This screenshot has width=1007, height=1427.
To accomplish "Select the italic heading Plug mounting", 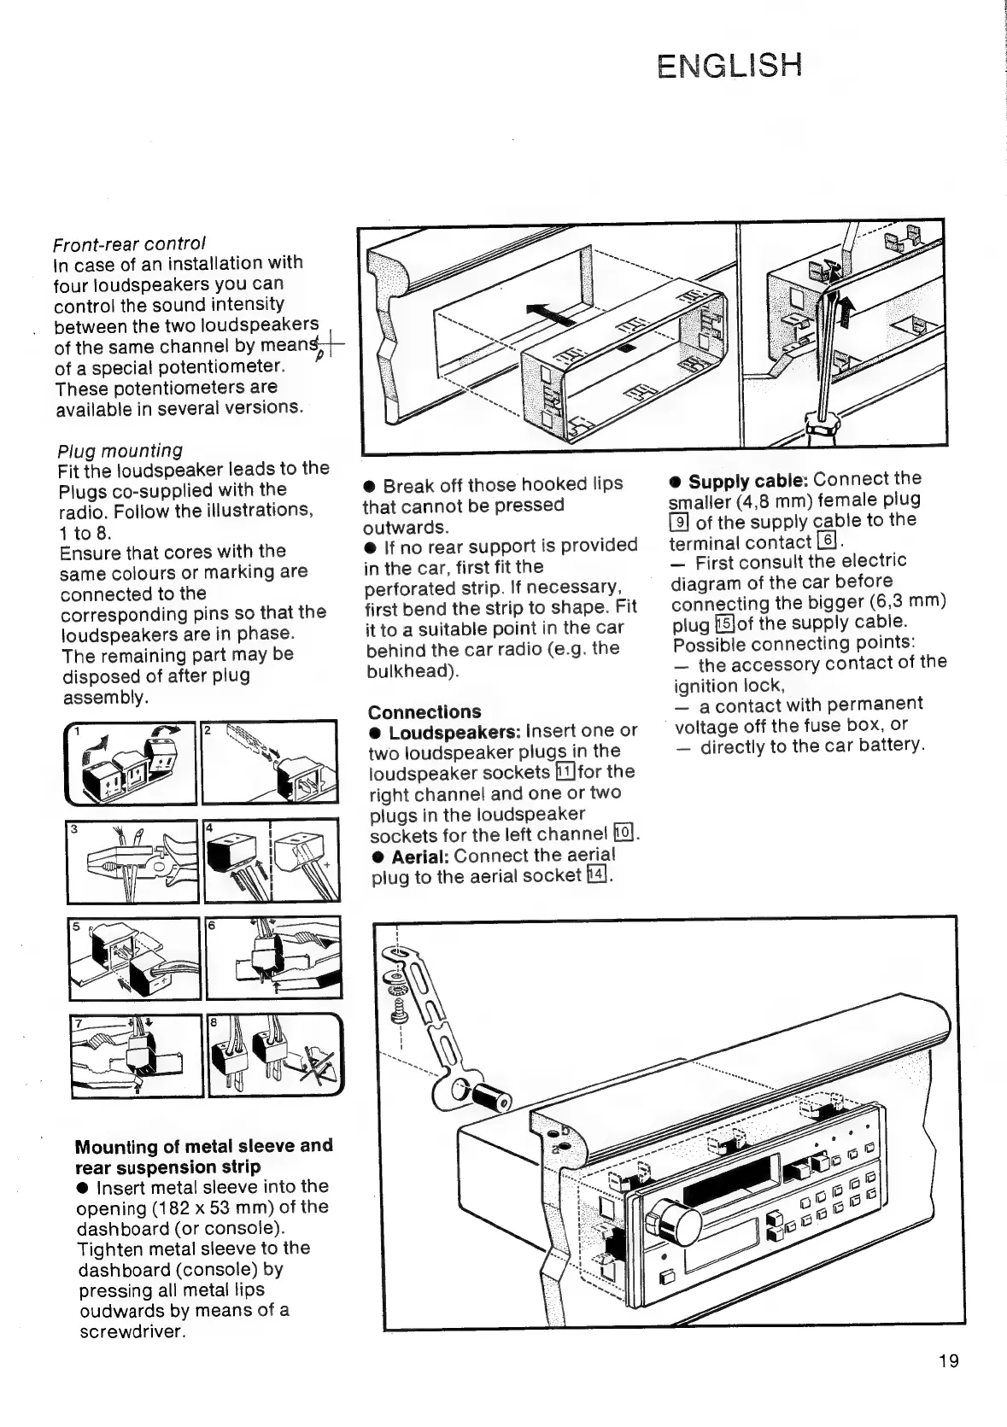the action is [x=120, y=450].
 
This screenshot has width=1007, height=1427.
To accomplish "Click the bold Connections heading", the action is [x=424, y=711].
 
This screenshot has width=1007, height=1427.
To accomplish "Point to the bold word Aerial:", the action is [x=419, y=856].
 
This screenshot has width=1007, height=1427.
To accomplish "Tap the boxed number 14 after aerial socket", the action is [x=597, y=874].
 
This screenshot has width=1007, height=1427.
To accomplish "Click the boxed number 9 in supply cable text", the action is [x=680, y=522].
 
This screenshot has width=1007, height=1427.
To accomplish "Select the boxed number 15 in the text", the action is [x=723, y=623].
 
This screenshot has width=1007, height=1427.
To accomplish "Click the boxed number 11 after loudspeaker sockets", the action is [x=564, y=772].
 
